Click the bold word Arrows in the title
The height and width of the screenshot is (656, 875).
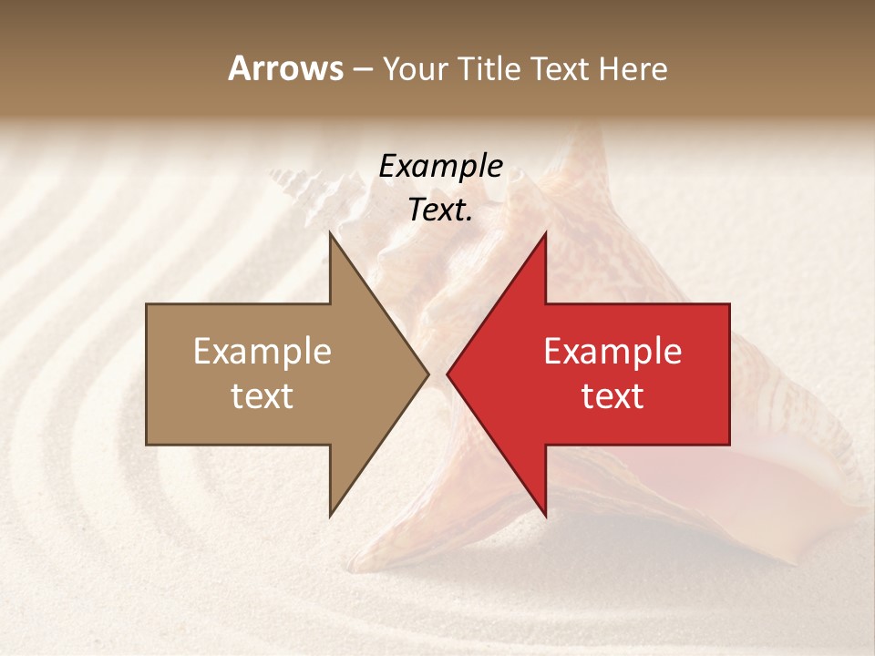285,68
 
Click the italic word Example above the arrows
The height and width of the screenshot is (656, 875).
440,167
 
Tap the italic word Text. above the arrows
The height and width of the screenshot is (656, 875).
440,210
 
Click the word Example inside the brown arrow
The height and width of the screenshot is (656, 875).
262,352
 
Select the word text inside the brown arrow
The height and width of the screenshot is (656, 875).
262,396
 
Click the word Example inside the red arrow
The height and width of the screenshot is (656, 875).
612,352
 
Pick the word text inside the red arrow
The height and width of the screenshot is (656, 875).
612,396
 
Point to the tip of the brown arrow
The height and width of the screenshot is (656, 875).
428,374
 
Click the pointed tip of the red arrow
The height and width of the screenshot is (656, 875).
448,374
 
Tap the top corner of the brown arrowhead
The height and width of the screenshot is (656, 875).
331,233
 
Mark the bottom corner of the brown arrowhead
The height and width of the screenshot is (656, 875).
331,516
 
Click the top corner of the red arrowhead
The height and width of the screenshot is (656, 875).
545,233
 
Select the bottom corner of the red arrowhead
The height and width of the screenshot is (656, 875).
545,516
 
